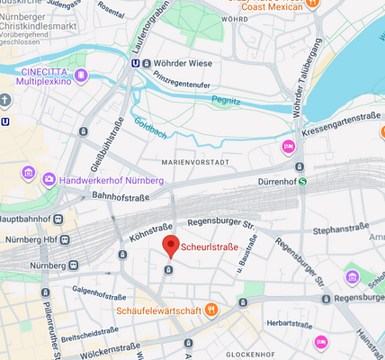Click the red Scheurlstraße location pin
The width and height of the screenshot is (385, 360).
[170, 246]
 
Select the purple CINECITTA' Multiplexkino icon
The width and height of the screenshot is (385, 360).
[81, 75]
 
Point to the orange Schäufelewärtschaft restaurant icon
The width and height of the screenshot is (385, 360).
[211, 310]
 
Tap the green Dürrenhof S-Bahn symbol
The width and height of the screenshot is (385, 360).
[303, 181]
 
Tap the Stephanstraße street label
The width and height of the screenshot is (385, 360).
[342, 230]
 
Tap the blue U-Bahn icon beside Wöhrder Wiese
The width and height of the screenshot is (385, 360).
[135, 63]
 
